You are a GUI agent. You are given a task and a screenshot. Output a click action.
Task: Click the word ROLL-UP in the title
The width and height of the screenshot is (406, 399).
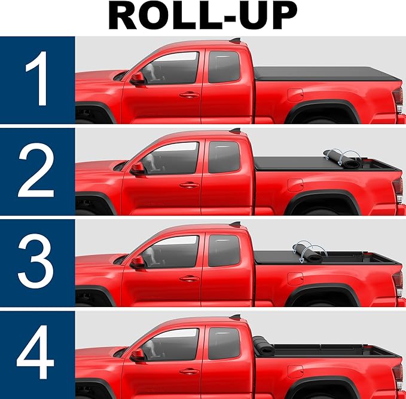click(x=203, y=17)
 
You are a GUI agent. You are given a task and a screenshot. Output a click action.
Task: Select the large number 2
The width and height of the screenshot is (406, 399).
click(x=38, y=171)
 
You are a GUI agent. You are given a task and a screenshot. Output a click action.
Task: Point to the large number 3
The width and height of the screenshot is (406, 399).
click(x=38, y=263)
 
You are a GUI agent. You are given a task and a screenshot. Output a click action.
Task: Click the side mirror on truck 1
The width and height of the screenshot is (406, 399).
click(x=138, y=79)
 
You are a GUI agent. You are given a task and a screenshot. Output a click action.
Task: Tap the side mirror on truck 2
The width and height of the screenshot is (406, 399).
click(x=138, y=169)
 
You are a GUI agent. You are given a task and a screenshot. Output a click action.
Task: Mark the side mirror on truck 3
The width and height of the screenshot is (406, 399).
click(x=138, y=261)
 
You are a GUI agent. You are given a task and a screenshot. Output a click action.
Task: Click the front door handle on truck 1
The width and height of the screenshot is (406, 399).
click(x=189, y=94)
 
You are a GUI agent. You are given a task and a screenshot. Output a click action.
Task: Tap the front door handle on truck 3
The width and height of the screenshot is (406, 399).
click(x=189, y=277)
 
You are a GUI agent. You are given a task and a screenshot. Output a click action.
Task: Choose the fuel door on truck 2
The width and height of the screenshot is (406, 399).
click(x=295, y=185)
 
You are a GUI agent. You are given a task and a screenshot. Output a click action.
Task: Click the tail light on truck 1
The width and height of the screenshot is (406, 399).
click(x=398, y=98)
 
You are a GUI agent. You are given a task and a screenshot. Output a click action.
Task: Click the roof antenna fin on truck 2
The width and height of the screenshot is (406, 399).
click(x=237, y=130)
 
